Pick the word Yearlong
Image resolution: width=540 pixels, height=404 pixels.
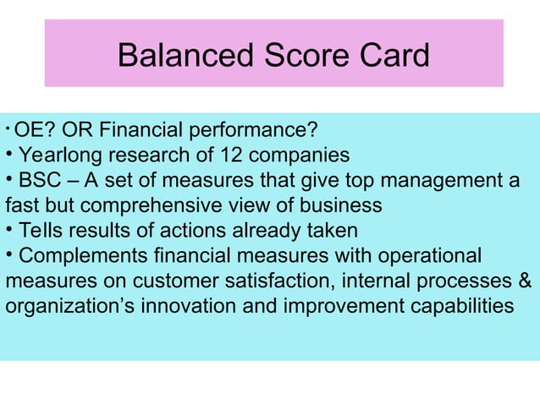click(56, 156)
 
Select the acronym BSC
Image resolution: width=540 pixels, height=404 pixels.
click(37, 181)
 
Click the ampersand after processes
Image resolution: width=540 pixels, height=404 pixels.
click(525, 280)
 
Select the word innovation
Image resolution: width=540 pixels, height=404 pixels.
click(183, 305)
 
